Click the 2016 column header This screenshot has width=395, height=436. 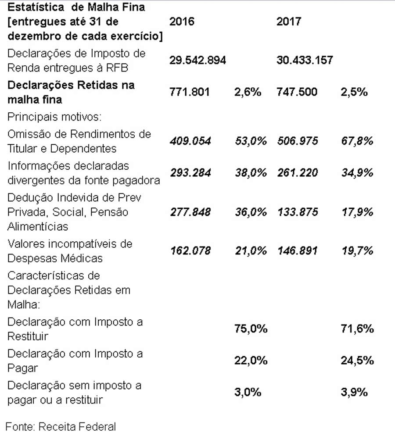click(182, 21)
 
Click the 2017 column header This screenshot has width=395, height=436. click(289, 21)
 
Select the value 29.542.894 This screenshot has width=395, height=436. click(198, 61)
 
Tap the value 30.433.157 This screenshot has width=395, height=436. click(305, 61)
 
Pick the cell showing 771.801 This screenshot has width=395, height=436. click(190, 92)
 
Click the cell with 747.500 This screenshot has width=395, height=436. click(297, 92)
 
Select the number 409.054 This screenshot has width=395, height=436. click(190, 141)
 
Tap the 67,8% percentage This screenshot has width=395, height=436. click(357, 141)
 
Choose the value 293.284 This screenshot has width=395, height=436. click(190, 173)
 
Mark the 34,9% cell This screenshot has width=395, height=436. click(357, 173)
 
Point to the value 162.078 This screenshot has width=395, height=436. click(190, 251)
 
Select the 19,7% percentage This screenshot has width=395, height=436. click(357, 251)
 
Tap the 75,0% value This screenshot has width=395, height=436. click(251, 329)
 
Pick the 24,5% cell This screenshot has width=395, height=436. click(357, 361)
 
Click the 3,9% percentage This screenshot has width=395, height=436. click(354, 392)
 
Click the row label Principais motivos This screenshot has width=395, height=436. click(54, 118)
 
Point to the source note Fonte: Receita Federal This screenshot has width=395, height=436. click(61, 426)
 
